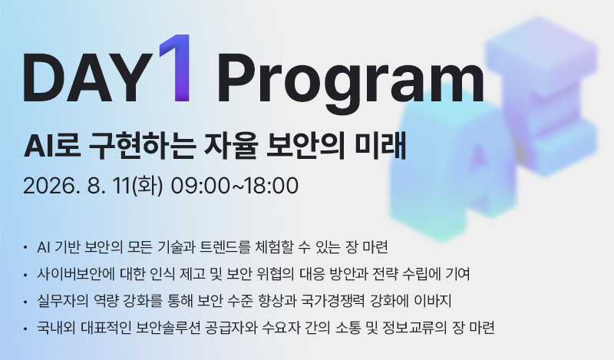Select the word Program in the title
pyautogui.click(x=351, y=83)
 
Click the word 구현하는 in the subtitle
pyautogui.click(x=143, y=147)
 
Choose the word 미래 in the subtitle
pyautogui.click(x=380, y=146)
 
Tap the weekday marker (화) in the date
pyautogui.click(x=147, y=186)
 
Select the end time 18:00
pyautogui.click(x=272, y=186)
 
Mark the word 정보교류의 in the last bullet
pyautogui.click(x=414, y=328)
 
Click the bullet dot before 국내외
pyautogui.click(x=25, y=329)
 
